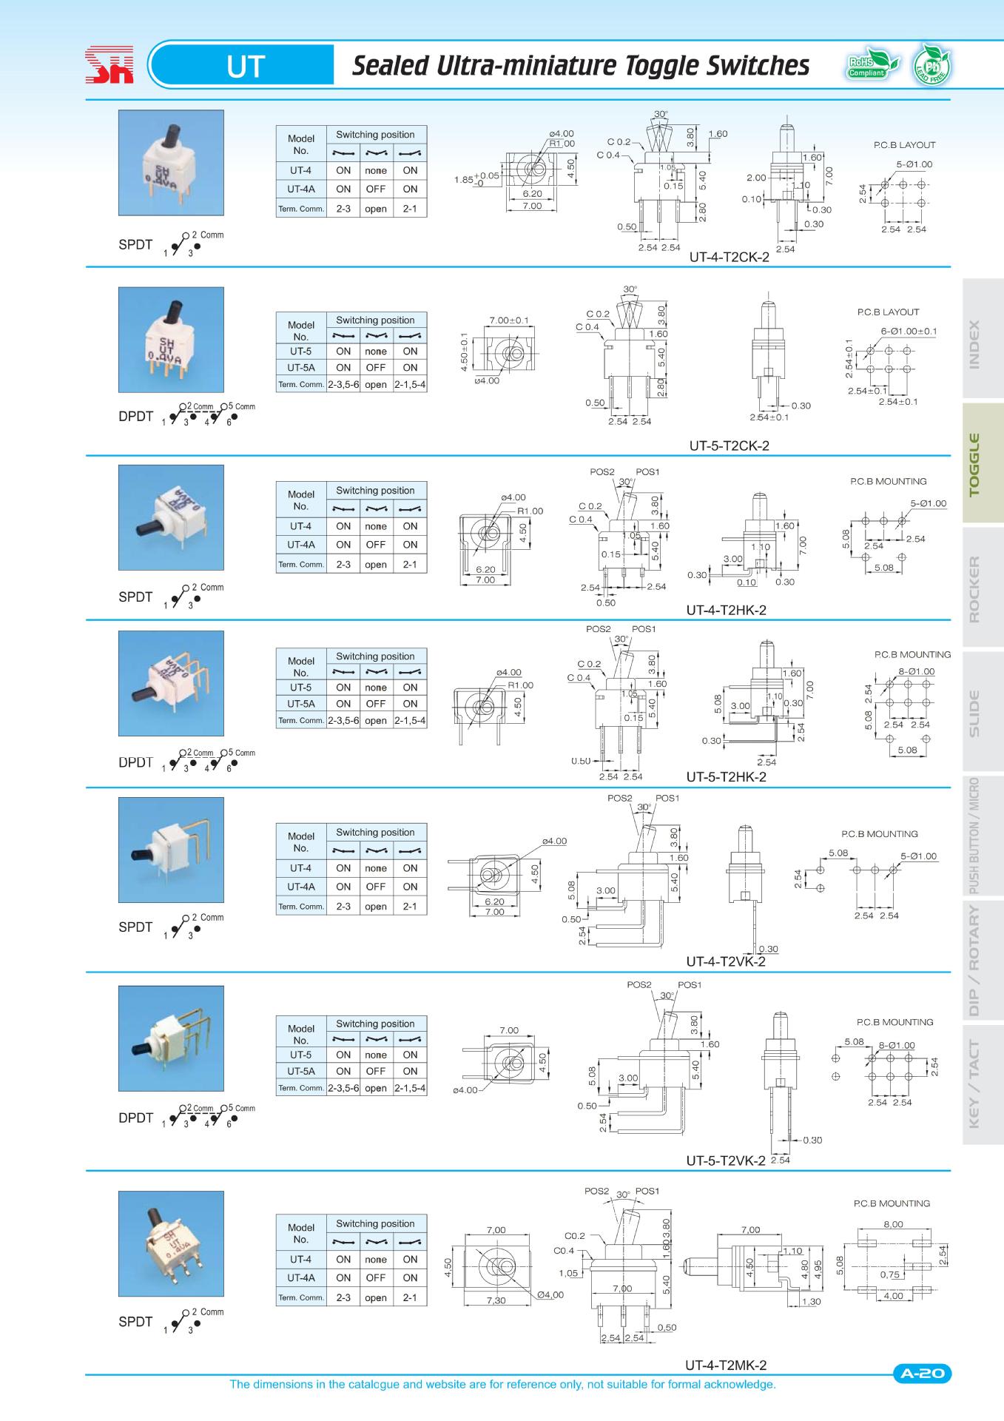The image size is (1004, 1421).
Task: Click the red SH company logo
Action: point(109,66)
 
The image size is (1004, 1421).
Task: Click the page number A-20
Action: point(922,1374)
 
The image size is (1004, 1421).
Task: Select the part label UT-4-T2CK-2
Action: point(729,258)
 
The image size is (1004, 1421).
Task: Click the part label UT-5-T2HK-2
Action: point(726,776)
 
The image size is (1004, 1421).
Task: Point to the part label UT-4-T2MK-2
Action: point(725,1365)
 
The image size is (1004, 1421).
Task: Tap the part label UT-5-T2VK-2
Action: point(725,1160)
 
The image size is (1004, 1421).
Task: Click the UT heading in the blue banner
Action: point(245,67)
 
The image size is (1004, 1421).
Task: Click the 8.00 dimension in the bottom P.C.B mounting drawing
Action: point(893,1224)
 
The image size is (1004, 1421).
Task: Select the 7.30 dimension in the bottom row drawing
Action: point(496,1300)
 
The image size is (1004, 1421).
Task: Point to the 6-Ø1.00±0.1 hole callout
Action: point(909,331)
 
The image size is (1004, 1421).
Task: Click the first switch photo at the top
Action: point(171,163)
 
